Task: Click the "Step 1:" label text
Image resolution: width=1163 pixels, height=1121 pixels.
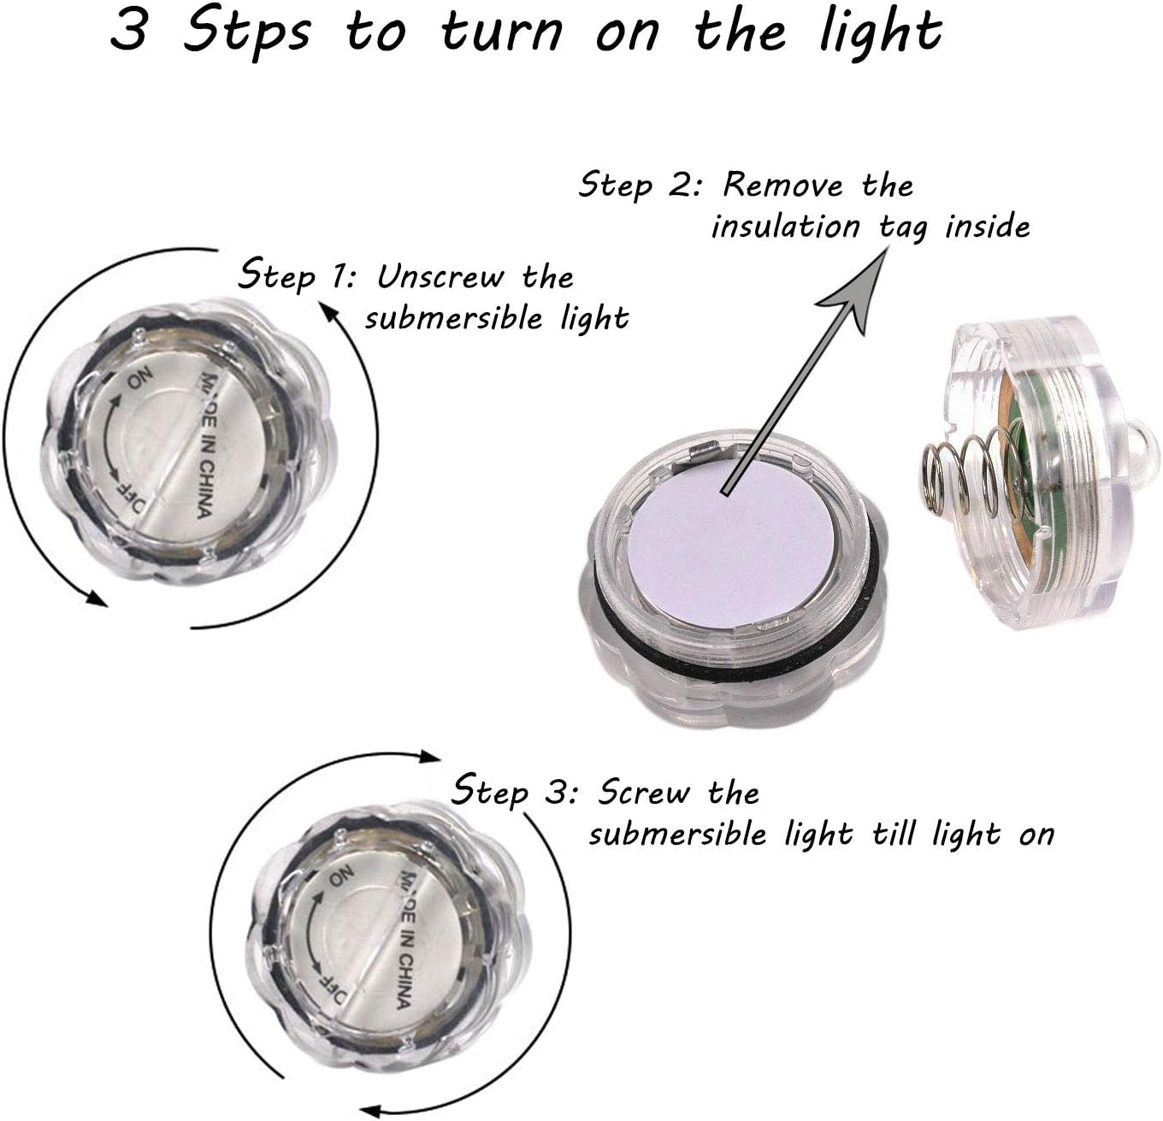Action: tap(297, 274)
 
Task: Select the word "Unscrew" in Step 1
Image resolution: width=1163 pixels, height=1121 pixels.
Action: tap(441, 277)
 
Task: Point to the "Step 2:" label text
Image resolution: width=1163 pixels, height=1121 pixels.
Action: tap(639, 184)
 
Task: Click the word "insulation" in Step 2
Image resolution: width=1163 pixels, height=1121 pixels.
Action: tap(786, 226)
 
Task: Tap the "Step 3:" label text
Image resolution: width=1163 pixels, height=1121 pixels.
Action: tap(515, 791)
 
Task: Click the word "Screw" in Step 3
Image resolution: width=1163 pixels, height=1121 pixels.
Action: tap(644, 793)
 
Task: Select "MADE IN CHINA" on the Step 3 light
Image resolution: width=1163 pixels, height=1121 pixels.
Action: tap(407, 940)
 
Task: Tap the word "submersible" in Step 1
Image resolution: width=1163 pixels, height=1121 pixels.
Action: tap(453, 318)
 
